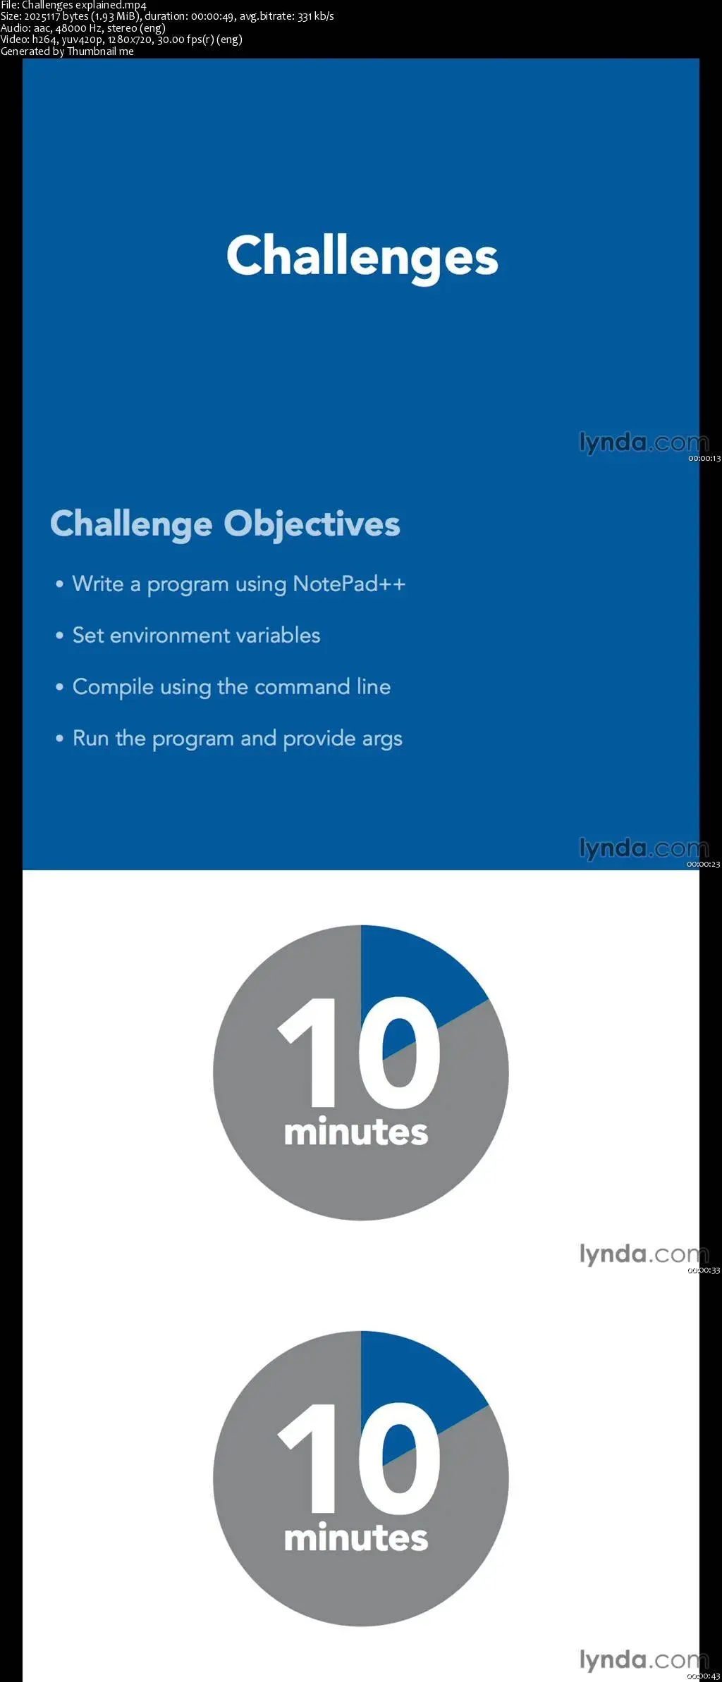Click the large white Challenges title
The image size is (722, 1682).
[x=362, y=257]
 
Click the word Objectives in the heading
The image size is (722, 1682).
[x=312, y=525]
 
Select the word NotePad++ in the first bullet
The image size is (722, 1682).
[x=349, y=583]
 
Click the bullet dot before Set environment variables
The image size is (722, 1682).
[x=60, y=636]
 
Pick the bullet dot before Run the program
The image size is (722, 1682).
[x=60, y=738]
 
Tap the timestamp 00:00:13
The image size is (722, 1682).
[x=704, y=459]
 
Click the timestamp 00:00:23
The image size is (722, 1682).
[x=704, y=865]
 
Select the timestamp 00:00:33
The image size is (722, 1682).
[x=704, y=1270]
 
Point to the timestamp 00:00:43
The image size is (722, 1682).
[x=704, y=1676]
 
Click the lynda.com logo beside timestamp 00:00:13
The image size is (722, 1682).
[x=644, y=443]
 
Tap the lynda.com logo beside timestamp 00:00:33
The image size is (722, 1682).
[x=644, y=1254]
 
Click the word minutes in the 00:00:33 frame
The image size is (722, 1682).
[x=356, y=1132]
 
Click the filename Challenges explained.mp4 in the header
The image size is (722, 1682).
[x=84, y=5]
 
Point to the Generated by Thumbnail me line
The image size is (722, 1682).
[x=67, y=51]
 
